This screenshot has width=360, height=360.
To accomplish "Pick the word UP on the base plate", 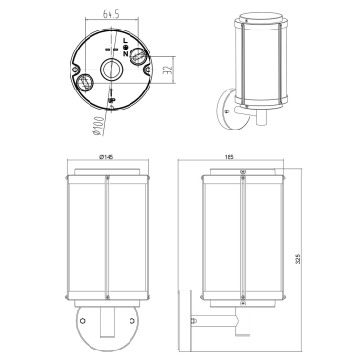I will pyautogui.click(x=112, y=100).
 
